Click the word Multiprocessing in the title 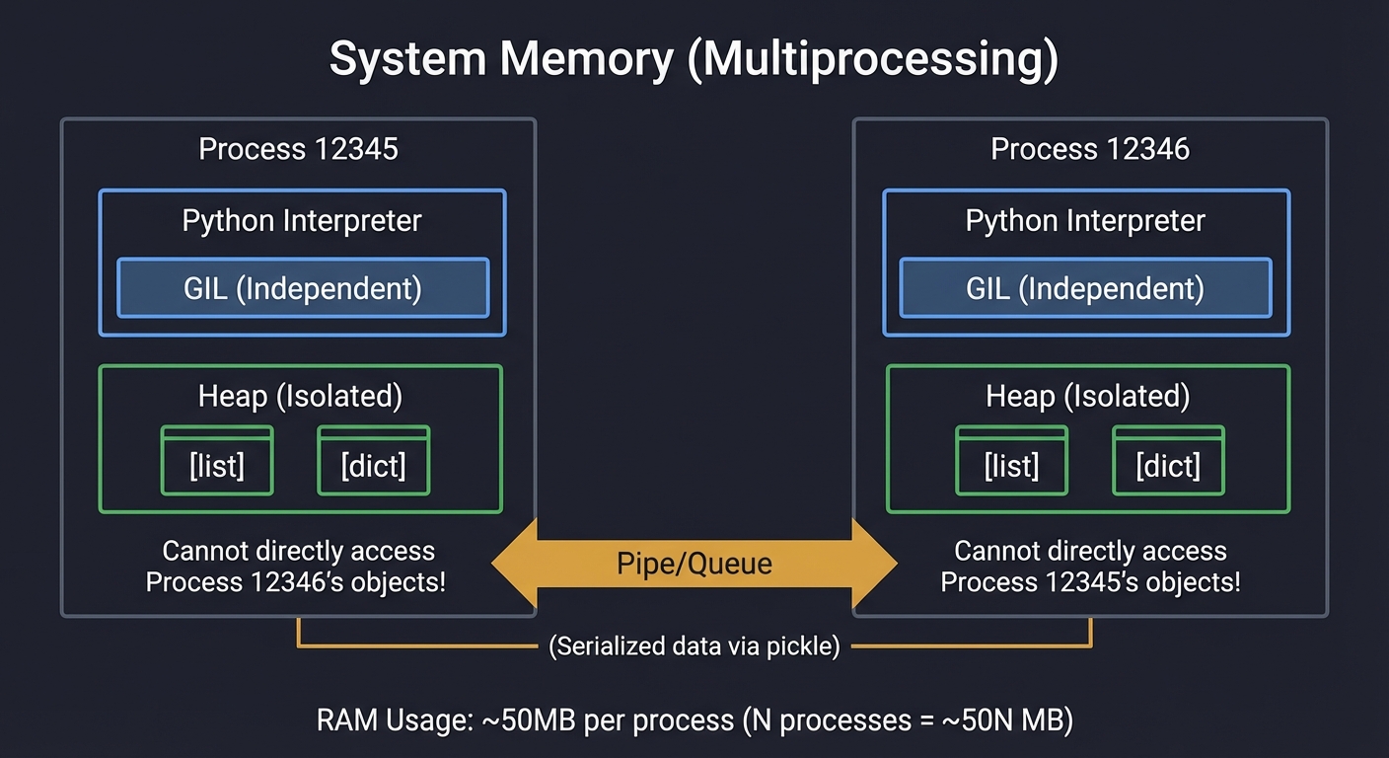(x=869, y=60)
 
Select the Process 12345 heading (x=298, y=149)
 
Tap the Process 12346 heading (x=1090, y=149)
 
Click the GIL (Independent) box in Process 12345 (x=303, y=288)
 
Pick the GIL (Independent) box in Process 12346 (x=1085, y=288)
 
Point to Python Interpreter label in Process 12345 (x=302, y=220)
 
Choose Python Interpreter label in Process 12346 (x=1085, y=220)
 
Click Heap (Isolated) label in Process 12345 (x=300, y=396)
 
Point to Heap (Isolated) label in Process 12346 (x=1087, y=396)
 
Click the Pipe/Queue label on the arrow (x=694, y=564)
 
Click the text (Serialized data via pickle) (x=694, y=647)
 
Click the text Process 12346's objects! (x=296, y=581)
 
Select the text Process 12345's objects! (x=1090, y=581)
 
